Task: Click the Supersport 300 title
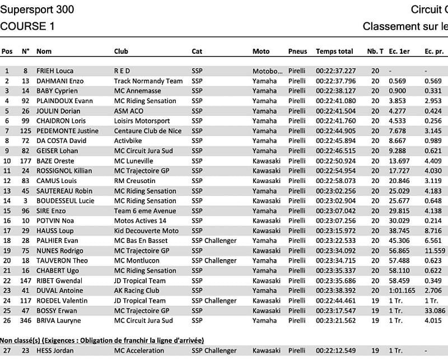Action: pyautogui.click(x=37, y=10)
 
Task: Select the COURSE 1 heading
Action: pyautogui.click(x=27, y=26)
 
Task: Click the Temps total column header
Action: pyautogui.click(x=334, y=52)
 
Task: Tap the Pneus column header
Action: pyautogui.click(x=297, y=52)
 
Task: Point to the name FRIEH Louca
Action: pyautogui.click(x=55, y=71)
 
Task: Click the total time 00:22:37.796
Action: pyautogui.click(x=335, y=81)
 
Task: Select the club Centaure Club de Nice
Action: pyautogui.click(x=146, y=131)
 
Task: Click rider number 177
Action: pyautogui.click(x=25, y=161)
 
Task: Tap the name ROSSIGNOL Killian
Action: pyautogui.click(x=63, y=171)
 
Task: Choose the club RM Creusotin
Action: pyautogui.click(x=135, y=181)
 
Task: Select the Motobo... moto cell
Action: pyautogui.click(x=268, y=71)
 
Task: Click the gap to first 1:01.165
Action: pyautogui.click(x=402, y=291)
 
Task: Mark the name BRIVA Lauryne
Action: pyautogui.click(x=59, y=321)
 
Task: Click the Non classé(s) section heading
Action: pyautogui.click(x=101, y=340)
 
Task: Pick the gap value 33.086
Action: pyautogui.click(x=435, y=311)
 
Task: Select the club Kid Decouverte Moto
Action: pyautogui.click(x=146, y=231)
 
